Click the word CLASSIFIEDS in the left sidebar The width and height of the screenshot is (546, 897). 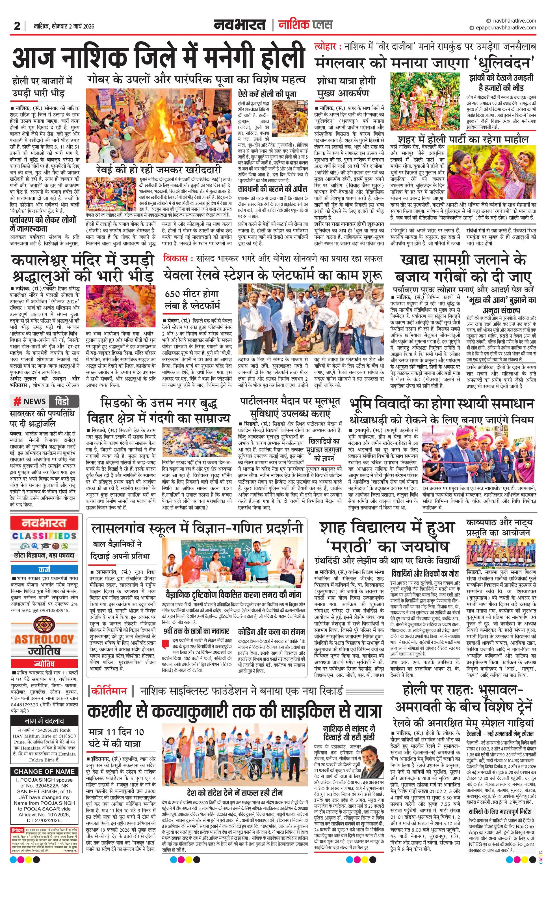pyautogui.click(x=44, y=536)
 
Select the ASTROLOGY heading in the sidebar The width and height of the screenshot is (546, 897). pyautogui.click(x=44, y=639)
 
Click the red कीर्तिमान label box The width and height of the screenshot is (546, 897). pyautogui.click(x=109, y=691)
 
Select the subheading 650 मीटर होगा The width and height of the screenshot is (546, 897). pyautogui.click(x=192, y=294)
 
